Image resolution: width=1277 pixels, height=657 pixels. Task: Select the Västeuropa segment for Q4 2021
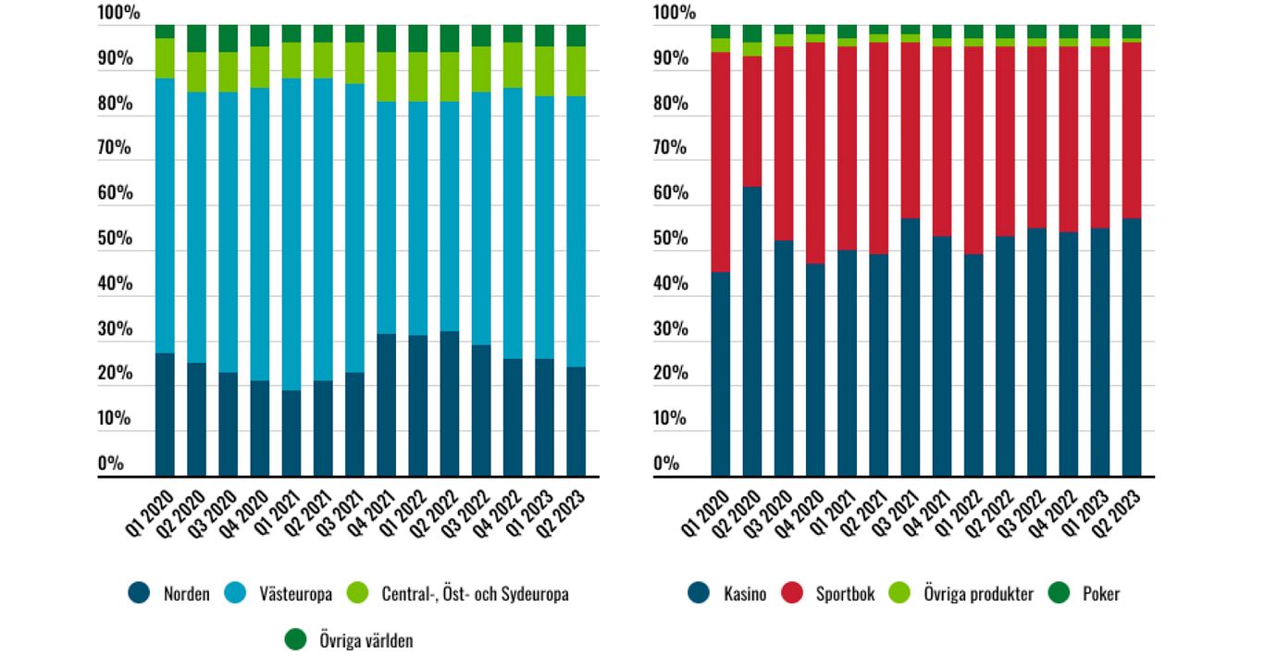coord(386,217)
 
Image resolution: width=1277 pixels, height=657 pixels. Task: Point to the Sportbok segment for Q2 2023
coord(1132,130)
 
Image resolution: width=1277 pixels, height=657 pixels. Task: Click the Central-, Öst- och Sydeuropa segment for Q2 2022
coord(450,77)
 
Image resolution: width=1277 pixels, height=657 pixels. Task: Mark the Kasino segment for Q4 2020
coord(815,370)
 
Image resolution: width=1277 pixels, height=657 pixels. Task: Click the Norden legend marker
coord(139,593)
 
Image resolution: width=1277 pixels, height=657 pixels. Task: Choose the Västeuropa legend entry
coord(295,594)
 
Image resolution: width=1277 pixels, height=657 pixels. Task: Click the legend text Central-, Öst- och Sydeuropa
coord(475,594)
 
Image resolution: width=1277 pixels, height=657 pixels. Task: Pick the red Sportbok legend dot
coord(794,593)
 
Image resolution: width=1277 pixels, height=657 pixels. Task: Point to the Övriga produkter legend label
coord(978,594)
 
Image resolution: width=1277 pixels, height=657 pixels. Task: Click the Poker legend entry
coord(1100,594)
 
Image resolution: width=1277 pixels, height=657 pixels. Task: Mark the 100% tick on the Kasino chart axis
coord(674,14)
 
